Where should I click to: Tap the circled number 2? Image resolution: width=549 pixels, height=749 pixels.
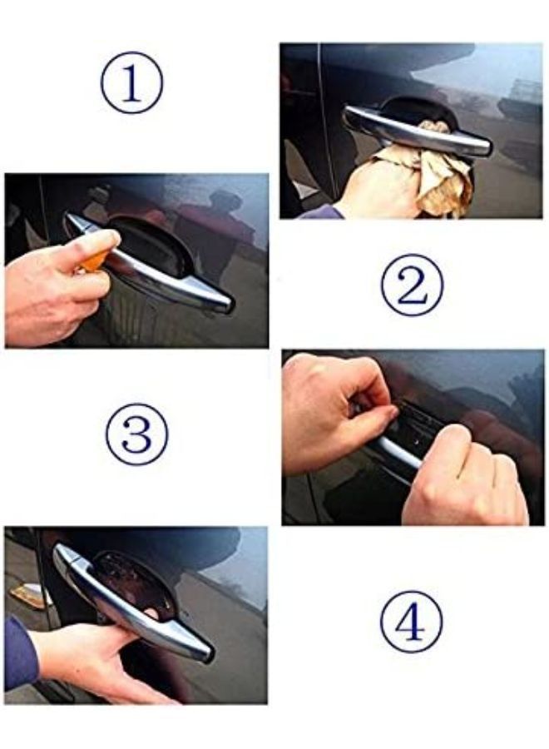411,285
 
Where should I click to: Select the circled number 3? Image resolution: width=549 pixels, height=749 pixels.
136,434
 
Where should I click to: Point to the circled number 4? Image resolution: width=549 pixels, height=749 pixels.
411,621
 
